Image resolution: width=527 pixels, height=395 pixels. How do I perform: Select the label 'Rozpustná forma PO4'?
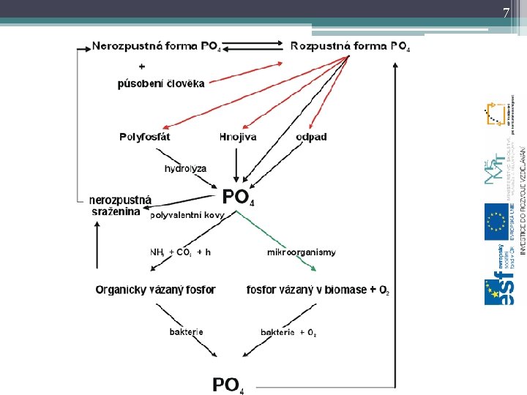coord(350,46)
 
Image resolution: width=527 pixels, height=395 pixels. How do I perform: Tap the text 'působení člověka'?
coord(161,83)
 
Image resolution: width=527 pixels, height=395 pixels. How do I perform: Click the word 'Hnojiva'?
coord(238,137)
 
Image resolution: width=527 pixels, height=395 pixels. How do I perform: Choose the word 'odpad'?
coord(312,137)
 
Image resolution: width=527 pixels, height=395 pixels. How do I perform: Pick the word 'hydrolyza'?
coord(185,168)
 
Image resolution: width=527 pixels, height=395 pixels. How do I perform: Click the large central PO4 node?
coord(239,197)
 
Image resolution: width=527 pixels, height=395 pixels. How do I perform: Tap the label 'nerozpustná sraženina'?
coord(120,205)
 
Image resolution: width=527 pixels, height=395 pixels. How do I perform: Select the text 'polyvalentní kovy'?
coord(187,216)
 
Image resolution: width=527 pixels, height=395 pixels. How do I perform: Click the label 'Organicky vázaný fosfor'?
coord(155,290)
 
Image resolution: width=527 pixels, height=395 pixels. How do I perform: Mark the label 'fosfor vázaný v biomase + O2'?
coord(318,290)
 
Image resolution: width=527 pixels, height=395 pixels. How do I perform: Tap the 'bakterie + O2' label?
coord(288,333)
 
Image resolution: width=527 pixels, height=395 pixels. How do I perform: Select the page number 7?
coord(505,12)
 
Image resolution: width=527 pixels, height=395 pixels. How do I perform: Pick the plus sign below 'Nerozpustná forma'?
coord(141,65)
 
